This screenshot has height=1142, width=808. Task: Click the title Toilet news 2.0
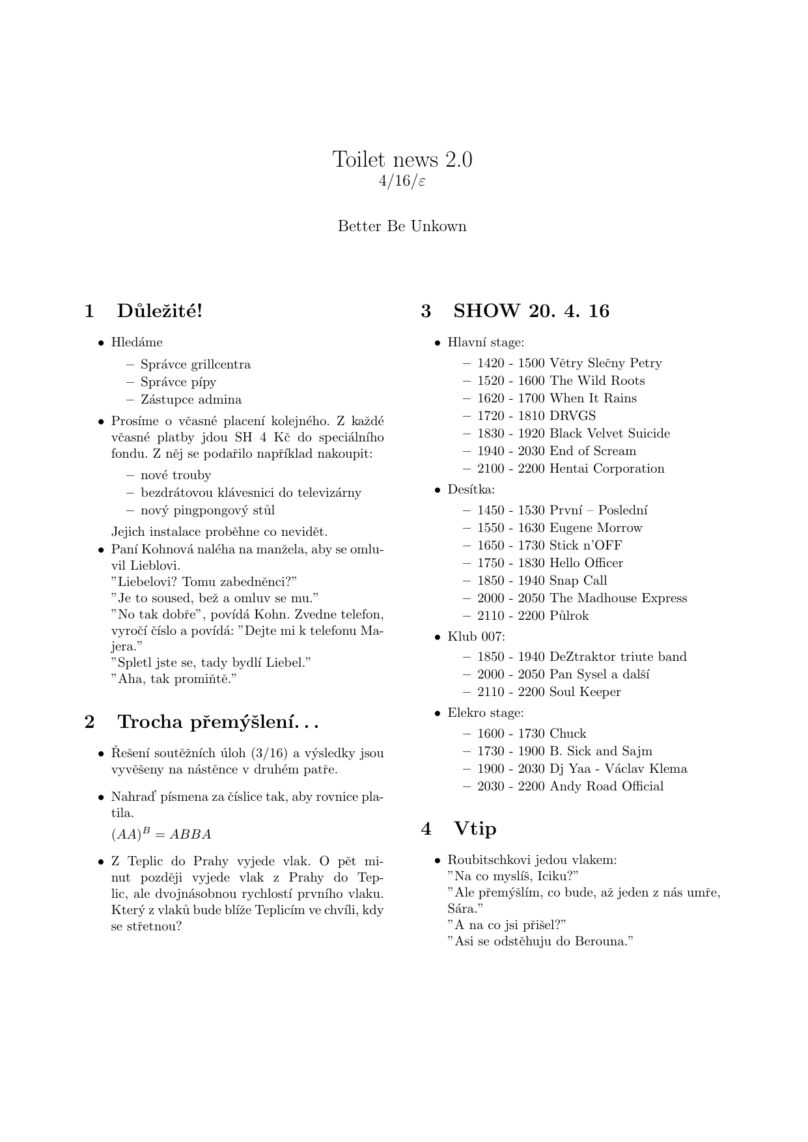click(x=402, y=159)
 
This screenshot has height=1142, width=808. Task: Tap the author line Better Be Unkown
click(x=402, y=227)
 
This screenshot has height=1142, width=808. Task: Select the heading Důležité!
click(x=160, y=311)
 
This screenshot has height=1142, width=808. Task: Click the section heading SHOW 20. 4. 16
click(x=531, y=311)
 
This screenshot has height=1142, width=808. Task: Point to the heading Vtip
click(x=475, y=829)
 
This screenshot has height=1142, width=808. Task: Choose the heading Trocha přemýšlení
click(x=217, y=722)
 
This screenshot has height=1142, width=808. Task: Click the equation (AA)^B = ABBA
click(x=161, y=834)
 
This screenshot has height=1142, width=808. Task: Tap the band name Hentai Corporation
click(x=607, y=469)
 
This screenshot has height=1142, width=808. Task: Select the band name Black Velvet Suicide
click(x=609, y=434)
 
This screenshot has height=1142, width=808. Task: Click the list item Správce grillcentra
click(x=195, y=365)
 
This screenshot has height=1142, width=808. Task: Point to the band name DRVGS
click(x=572, y=416)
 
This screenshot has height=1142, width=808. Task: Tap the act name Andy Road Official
click(x=606, y=787)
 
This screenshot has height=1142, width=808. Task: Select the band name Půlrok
click(x=569, y=616)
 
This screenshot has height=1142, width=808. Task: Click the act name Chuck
click(x=568, y=734)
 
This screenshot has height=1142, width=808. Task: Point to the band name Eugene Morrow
click(x=596, y=528)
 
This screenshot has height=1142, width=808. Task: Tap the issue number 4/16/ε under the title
click(x=402, y=181)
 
